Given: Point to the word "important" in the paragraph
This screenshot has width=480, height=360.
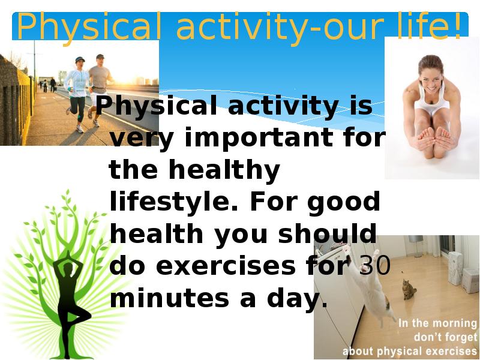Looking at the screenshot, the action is coord(259,138).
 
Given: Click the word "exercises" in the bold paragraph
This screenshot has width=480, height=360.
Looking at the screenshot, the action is coord(226,265).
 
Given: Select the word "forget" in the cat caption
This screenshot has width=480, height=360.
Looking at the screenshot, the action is coord(460,337).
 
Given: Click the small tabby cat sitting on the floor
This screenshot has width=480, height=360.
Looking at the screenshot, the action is coord(409,289).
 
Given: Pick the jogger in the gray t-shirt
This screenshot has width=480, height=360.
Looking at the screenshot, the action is coord(98,89).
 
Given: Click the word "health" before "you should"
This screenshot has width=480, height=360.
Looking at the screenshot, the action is coord(157,233).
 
